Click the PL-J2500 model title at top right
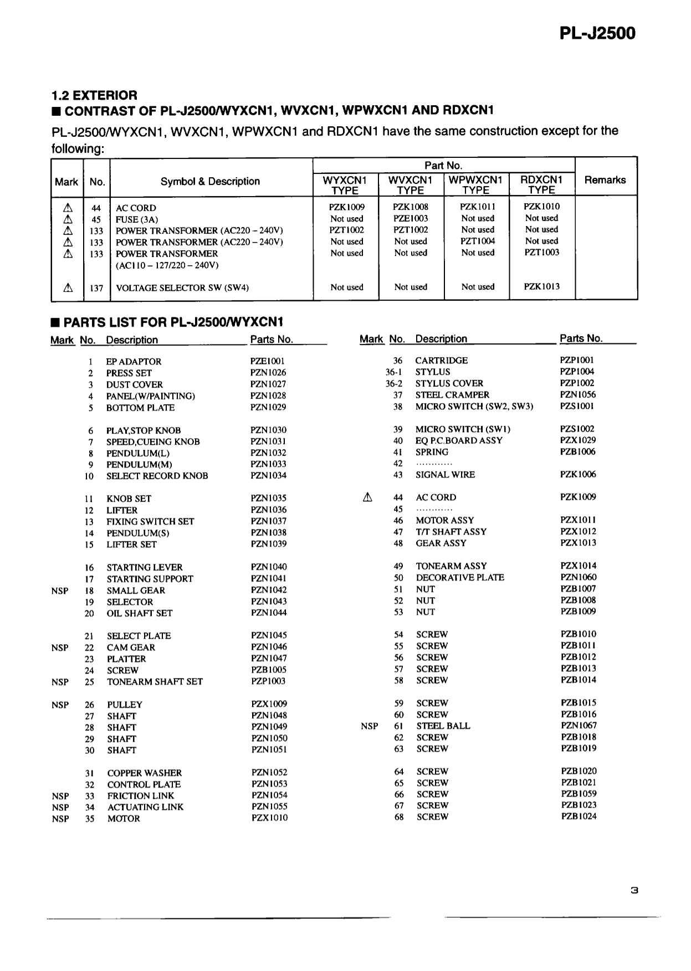597,33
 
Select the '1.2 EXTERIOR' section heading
94,95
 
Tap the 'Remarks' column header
605,180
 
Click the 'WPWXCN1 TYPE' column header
475,185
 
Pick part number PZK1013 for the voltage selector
541,286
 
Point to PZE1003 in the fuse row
411,218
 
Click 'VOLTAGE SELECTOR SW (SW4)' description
182,287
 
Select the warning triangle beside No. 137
68,287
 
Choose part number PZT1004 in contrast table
478,241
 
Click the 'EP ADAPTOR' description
134,362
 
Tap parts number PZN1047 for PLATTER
269,658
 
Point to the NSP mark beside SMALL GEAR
60,590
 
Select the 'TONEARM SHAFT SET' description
155,681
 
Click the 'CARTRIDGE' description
441,360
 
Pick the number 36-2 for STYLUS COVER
394,383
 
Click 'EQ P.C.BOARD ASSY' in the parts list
459,440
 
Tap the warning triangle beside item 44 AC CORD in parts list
367,497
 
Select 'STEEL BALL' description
443,726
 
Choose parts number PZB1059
579,794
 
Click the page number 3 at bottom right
634,891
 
